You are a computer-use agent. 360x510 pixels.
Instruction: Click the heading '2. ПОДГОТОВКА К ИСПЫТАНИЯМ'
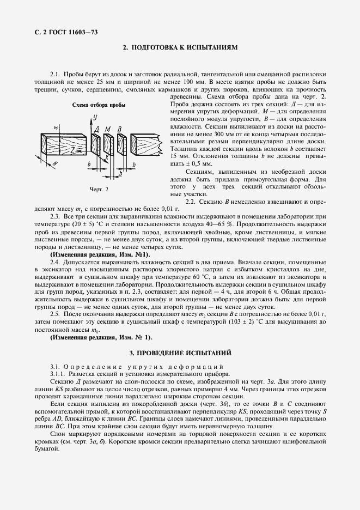click(180, 48)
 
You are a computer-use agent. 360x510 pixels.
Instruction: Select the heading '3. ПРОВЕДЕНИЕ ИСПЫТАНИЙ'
click(180, 353)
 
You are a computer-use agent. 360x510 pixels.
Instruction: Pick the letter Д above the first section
click(96, 129)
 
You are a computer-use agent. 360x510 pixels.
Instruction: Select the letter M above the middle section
click(108, 129)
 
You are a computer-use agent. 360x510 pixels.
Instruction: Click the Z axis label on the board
click(63, 149)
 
